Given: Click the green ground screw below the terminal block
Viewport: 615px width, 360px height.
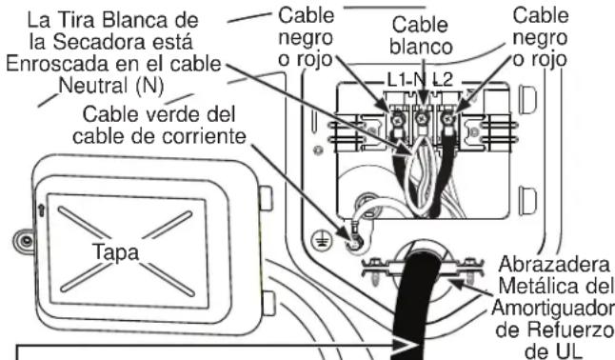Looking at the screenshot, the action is pos(354,242).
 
